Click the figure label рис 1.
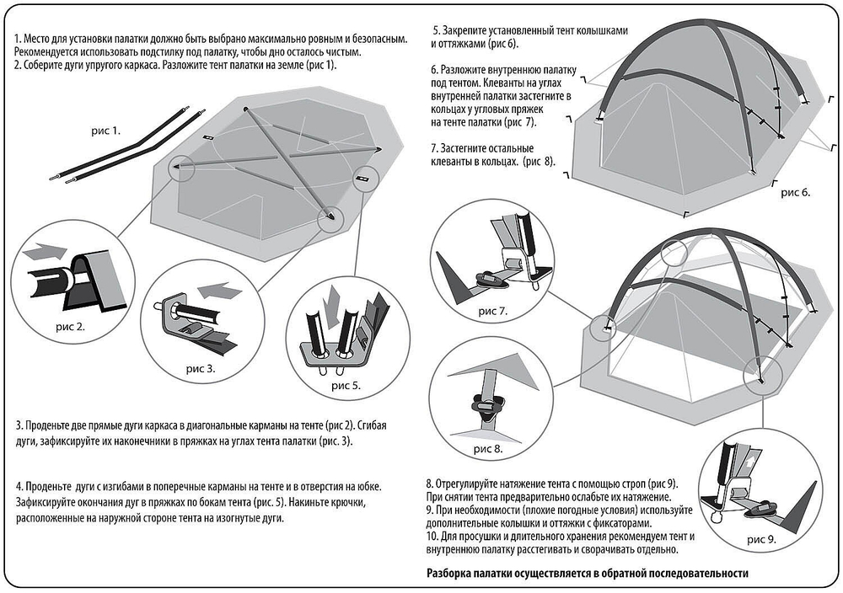tap(106, 131)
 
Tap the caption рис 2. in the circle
tap(71, 326)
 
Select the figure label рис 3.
tap(201, 369)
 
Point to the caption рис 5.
tap(346, 385)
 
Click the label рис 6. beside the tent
tap(796, 192)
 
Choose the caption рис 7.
tap(493, 311)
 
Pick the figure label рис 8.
tap(488, 449)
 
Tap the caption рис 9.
tap(762, 539)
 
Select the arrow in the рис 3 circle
tap(220, 291)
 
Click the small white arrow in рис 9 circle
tap(749, 462)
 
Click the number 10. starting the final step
tap(432, 537)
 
